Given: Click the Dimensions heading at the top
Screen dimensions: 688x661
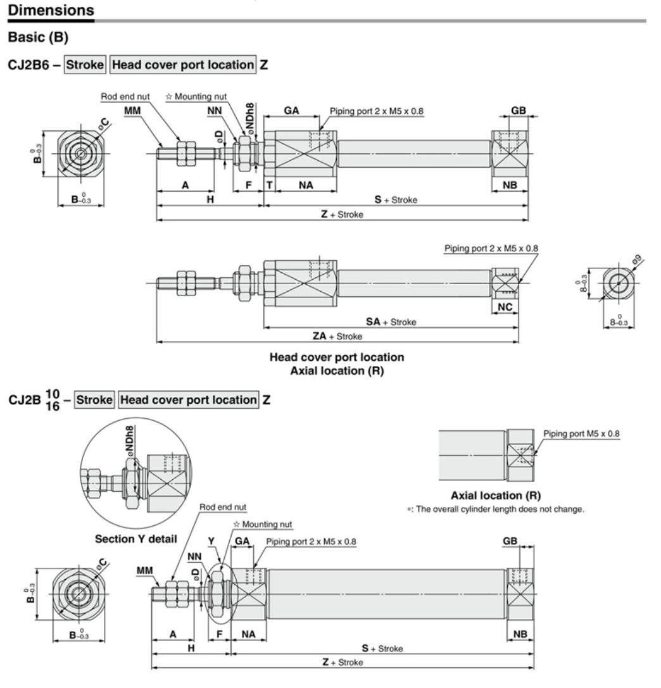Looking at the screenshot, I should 48,10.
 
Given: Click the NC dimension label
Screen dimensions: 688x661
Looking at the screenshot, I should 505,307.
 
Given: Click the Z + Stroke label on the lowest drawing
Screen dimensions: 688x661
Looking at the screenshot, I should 342,662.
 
